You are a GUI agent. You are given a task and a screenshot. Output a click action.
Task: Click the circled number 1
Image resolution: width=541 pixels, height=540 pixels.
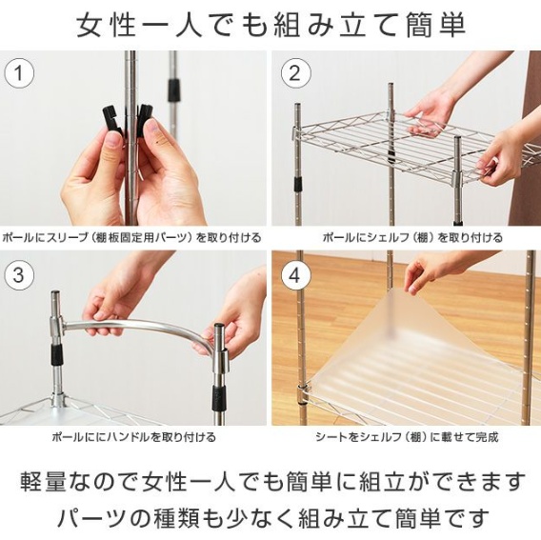(19, 73)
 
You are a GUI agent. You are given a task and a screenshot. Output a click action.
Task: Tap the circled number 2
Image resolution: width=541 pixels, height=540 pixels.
(295, 73)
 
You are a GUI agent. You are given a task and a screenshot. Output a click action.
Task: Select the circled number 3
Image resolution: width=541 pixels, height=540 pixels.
(19, 275)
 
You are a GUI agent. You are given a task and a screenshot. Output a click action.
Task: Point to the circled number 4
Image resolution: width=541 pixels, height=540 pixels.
(295, 276)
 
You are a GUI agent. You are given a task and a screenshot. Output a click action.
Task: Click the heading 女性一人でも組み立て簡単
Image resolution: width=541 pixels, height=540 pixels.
(270, 25)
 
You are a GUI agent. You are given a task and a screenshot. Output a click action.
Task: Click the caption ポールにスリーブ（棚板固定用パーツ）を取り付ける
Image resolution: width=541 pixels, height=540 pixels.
(131, 238)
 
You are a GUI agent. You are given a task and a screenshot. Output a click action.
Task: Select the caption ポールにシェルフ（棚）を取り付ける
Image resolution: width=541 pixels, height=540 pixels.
(412, 238)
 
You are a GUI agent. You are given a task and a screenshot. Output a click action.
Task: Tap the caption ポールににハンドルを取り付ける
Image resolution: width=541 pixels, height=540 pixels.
(134, 437)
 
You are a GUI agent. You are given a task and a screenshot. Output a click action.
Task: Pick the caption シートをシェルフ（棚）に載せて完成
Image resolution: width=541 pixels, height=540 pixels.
(407, 437)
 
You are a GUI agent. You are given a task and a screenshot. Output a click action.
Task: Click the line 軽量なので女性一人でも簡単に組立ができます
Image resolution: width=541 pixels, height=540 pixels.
(272, 481)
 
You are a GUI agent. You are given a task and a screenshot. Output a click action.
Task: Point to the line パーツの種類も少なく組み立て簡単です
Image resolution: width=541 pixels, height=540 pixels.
(272, 517)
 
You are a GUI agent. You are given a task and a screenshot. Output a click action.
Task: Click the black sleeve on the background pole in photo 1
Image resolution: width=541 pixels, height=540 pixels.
(174, 90)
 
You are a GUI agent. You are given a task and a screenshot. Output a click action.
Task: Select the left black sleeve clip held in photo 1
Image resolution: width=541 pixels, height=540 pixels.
(112, 119)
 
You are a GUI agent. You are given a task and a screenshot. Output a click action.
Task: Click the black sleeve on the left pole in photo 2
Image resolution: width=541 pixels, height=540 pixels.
(297, 184)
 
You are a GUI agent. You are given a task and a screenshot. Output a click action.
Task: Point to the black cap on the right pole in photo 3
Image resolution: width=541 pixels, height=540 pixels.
(219, 327)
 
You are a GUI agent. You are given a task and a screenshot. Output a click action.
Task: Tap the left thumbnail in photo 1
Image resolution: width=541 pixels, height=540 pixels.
(112, 141)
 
